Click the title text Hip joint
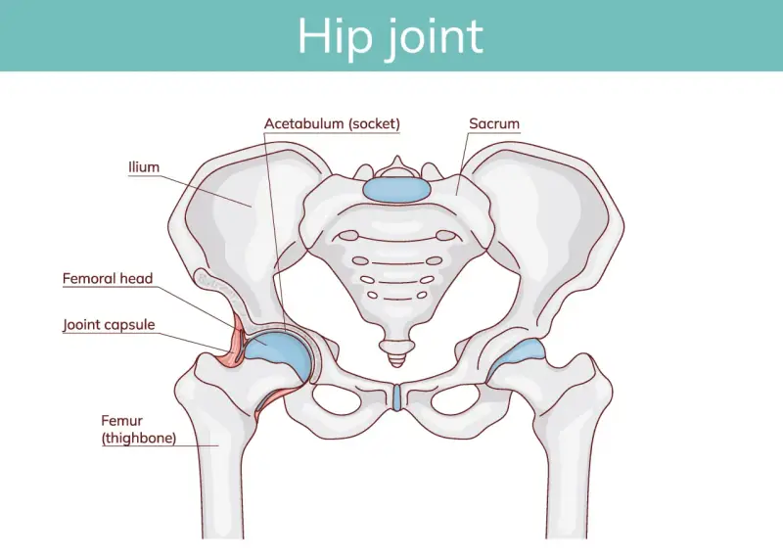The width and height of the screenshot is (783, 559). (x=391, y=36)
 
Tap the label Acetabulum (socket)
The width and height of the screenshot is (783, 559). (x=332, y=123)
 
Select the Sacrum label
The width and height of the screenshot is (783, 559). (x=494, y=123)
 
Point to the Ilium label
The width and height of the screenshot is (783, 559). (x=144, y=166)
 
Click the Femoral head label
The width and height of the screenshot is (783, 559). (x=108, y=278)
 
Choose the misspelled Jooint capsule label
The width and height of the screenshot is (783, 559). (x=109, y=325)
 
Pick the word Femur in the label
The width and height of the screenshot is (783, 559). (x=121, y=421)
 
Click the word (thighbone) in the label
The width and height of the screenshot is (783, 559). (x=139, y=439)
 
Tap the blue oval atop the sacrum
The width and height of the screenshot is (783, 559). (x=396, y=190)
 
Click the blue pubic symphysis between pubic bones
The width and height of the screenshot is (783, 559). (x=396, y=397)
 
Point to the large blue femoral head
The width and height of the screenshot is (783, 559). (x=279, y=354)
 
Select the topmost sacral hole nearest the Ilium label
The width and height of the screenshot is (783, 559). (x=348, y=235)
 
